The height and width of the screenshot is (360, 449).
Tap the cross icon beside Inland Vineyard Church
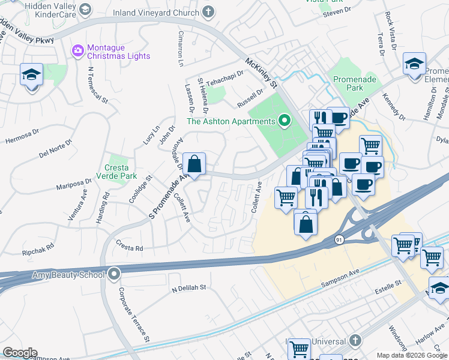tap(208, 12)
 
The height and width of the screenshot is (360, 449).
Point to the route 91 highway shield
tap(340, 240)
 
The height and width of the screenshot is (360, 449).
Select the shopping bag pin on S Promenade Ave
tap(194, 164)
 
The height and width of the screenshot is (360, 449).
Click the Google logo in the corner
tap(20, 353)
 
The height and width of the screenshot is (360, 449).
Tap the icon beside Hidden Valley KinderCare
tap(85, 10)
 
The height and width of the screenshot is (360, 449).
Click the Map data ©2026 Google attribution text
tap(412, 355)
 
